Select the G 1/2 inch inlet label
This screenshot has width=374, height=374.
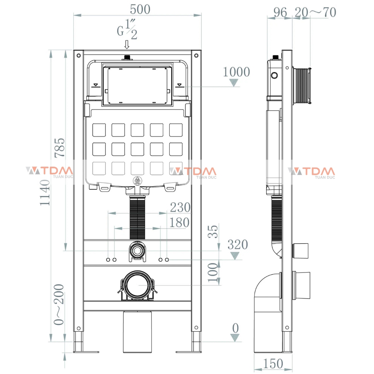point(127,30)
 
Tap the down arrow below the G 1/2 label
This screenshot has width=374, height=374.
point(127,44)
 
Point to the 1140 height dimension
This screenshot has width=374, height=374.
point(45,193)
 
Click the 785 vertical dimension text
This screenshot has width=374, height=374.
point(59,148)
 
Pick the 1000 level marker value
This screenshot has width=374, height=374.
point(236,72)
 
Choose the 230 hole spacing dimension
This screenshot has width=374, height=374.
point(180,207)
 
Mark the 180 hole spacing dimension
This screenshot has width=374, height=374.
point(179,223)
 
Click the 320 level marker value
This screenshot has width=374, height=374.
point(238,244)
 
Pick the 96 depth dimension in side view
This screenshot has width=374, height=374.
point(280,12)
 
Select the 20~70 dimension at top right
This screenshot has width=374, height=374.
point(315,12)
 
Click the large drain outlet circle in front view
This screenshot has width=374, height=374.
point(137,285)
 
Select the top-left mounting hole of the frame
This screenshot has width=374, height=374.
point(79,55)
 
